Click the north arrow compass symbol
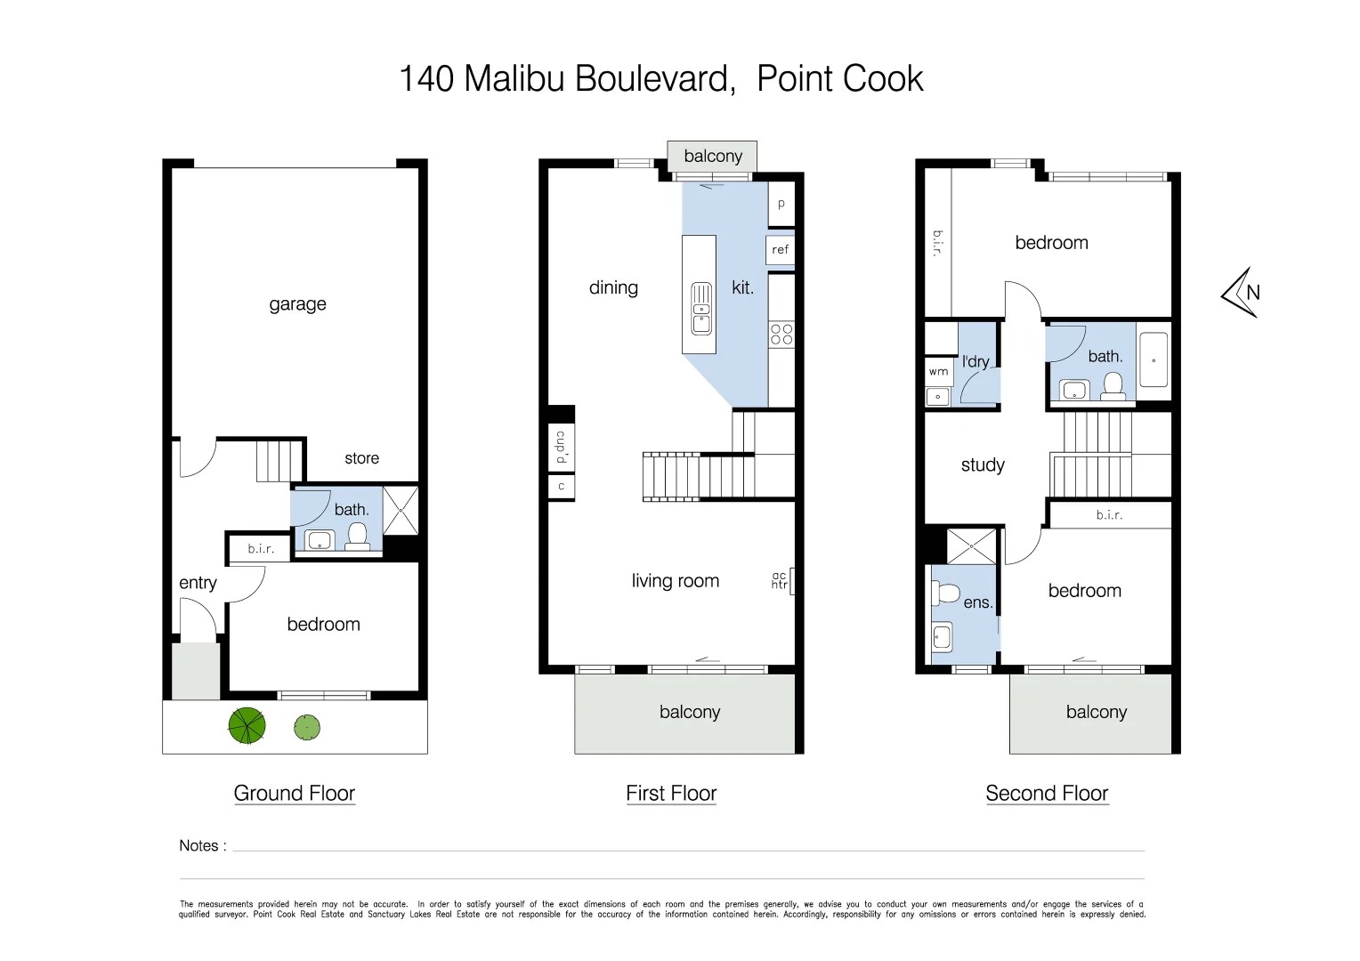tap(1241, 292)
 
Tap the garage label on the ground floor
tap(297, 304)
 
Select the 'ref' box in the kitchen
tap(780, 250)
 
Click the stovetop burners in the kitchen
tap(781, 335)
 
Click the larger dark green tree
tap(247, 726)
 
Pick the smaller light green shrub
tap(306, 728)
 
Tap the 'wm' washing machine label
tap(938, 372)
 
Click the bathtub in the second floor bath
tap(1153, 360)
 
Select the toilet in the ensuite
tap(948, 594)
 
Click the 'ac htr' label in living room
tap(780, 580)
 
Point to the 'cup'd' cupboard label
tap(561, 448)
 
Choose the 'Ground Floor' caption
tap(294, 793)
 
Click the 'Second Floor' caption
tap(1047, 793)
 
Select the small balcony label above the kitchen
tap(712, 157)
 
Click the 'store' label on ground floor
tap(361, 458)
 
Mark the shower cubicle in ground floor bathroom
tap(400, 510)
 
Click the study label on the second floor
tap(983, 464)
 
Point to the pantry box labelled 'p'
tap(781, 204)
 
